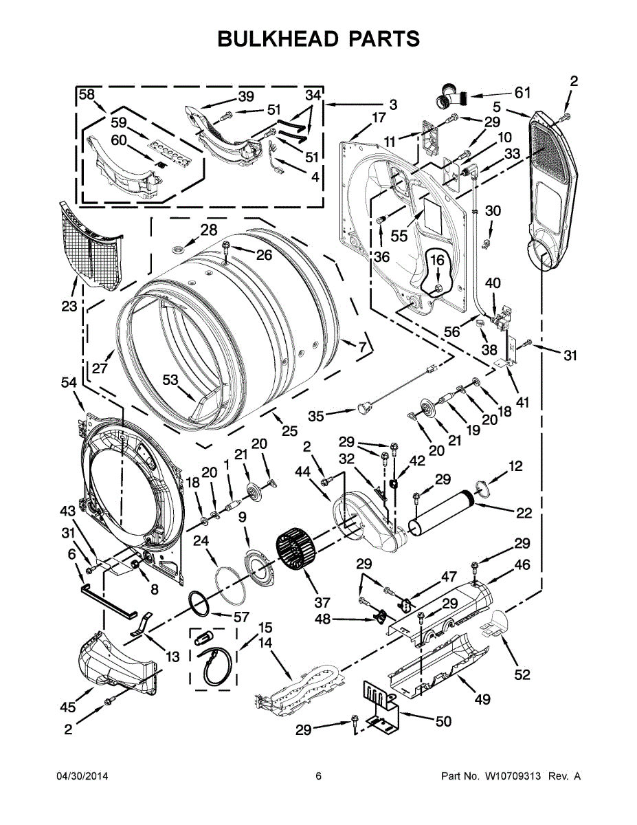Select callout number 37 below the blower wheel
(322, 603)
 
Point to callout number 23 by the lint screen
(69, 307)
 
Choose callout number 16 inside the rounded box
(437, 260)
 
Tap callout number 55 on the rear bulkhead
(399, 235)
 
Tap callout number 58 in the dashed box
(87, 96)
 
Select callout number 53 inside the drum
(170, 379)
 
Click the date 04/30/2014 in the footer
(82, 776)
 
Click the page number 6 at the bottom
(318, 776)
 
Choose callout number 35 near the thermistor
(316, 415)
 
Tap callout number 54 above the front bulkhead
(69, 383)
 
